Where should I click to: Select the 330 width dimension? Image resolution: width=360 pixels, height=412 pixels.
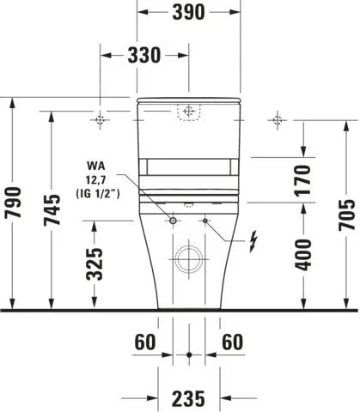144,56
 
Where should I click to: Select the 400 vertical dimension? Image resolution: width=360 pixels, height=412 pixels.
303,254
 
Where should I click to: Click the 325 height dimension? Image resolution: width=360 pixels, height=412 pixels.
97,265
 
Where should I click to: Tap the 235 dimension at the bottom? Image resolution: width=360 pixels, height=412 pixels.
188,397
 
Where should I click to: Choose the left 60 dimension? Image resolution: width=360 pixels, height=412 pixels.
145,342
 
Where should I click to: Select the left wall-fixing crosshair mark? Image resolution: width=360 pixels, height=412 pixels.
101,119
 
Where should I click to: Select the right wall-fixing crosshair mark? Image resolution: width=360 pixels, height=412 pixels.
276,119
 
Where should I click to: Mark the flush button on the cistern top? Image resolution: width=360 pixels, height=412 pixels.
188,112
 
